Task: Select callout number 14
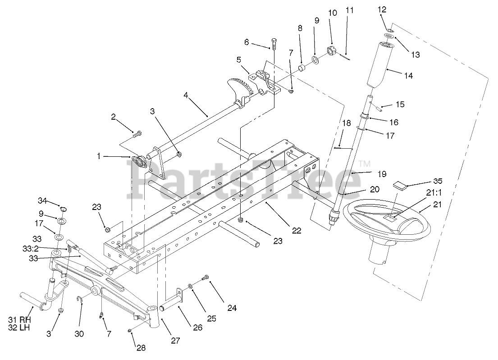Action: pos(408,76)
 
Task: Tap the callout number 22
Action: pos(296,230)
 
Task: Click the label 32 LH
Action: pos(19,328)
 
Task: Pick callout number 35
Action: pos(438,181)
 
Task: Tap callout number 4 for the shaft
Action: pos(186,96)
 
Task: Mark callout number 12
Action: pos(382,9)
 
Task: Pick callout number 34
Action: pos(42,200)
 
